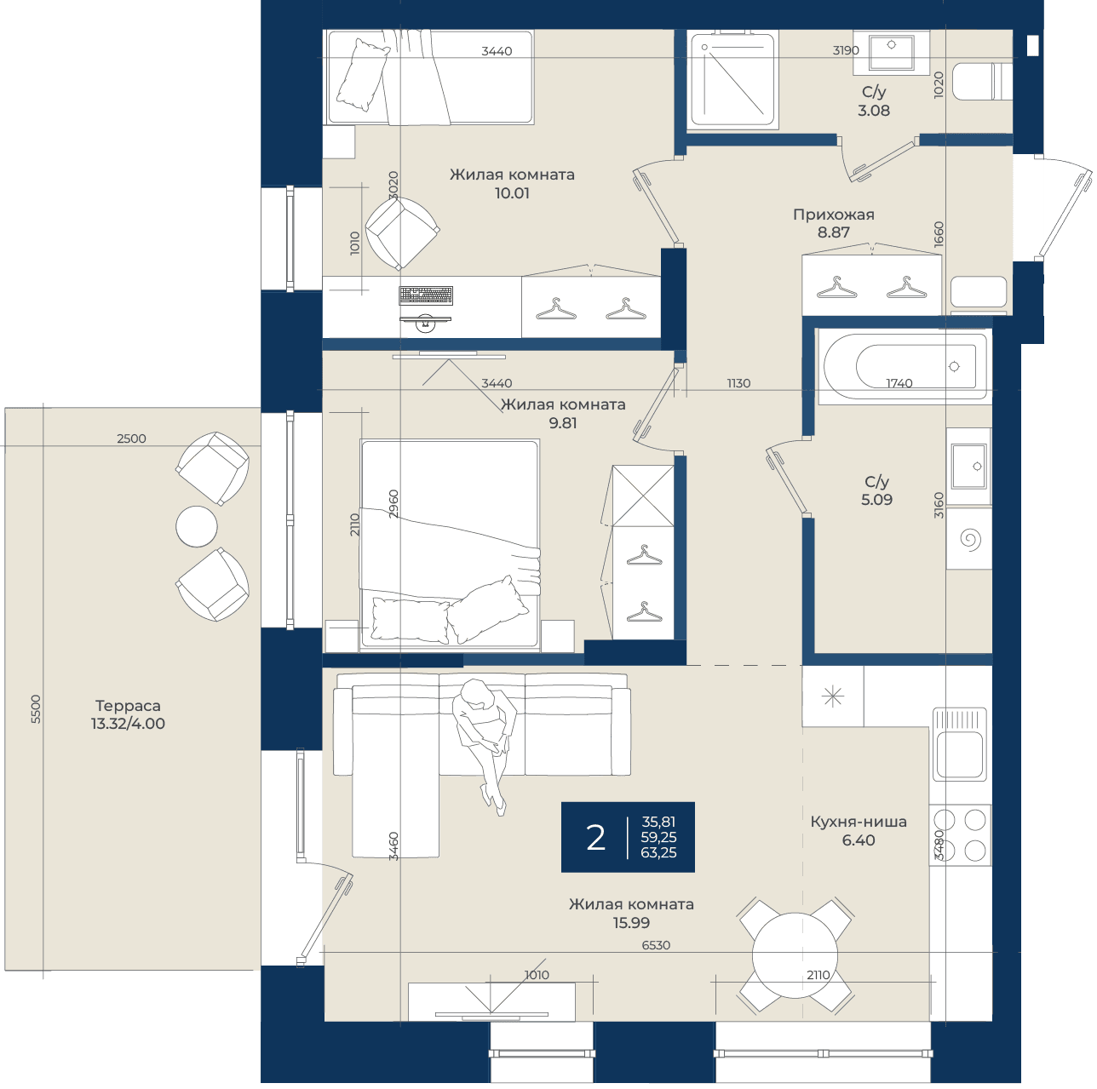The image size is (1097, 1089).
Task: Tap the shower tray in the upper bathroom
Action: [x=732, y=78]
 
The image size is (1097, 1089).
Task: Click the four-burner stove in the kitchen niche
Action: [x=960, y=834]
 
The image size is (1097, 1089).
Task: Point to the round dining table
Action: [x=795, y=956]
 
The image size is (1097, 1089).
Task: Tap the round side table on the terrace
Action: [x=197, y=526]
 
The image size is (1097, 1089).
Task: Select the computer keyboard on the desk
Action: [x=426, y=295]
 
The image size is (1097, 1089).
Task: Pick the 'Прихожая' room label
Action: [x=834, y=215]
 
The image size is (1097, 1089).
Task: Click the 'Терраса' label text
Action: [x=128, y=706]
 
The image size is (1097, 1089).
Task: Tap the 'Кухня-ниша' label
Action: [x=859, y=822]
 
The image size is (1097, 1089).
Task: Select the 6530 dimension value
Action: [x=656, y=945]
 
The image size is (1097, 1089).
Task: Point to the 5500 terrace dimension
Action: [x=36, y=708]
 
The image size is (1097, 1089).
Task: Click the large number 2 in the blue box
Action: [x=595, y=838]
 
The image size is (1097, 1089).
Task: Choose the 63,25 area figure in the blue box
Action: [x=658, y=853]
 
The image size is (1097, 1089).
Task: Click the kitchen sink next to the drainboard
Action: [x=959, y=754]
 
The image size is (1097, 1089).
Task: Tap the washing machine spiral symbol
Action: [x=970, y=538]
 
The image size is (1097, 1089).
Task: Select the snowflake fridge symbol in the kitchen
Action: [x=833, y=696]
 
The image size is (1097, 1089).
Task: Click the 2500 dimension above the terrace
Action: [x=131, y=438]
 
